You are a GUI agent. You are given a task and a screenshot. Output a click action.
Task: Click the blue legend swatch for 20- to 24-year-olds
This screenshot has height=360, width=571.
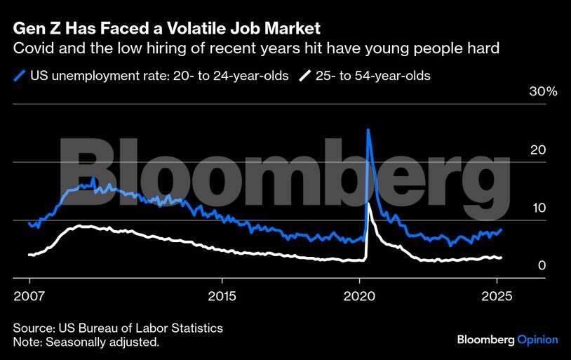(x=20, y=75)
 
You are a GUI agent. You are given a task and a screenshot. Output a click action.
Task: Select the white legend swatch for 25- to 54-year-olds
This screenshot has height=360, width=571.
(x=306, y=75)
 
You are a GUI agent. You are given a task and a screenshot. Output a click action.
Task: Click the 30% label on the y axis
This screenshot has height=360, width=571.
(x=543, y=92)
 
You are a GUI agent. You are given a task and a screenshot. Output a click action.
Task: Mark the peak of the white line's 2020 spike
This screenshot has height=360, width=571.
(x=369, y=204)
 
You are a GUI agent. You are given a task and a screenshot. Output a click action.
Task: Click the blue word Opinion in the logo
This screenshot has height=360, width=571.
(x=537, y=340)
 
